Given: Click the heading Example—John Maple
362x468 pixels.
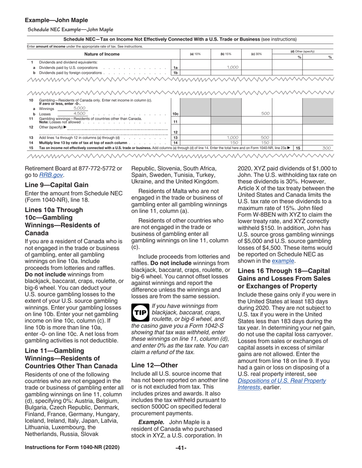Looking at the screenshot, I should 56,20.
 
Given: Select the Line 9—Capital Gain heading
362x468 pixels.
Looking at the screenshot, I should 56,185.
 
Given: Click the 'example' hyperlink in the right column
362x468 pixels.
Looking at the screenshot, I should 283,261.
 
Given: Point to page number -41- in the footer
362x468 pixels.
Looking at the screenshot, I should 181,448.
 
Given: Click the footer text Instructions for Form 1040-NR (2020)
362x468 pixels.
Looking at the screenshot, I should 72,447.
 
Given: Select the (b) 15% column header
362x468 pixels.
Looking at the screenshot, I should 226,54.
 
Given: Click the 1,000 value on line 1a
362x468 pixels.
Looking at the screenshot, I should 232,67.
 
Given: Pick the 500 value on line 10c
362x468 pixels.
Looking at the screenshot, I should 266,114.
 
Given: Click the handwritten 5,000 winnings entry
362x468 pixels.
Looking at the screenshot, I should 80,108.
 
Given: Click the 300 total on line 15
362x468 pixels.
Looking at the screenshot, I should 326,148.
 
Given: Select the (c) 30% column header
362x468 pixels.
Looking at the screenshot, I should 256,54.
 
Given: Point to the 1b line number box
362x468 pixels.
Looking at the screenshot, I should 176,72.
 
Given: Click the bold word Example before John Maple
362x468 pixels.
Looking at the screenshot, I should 151,422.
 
